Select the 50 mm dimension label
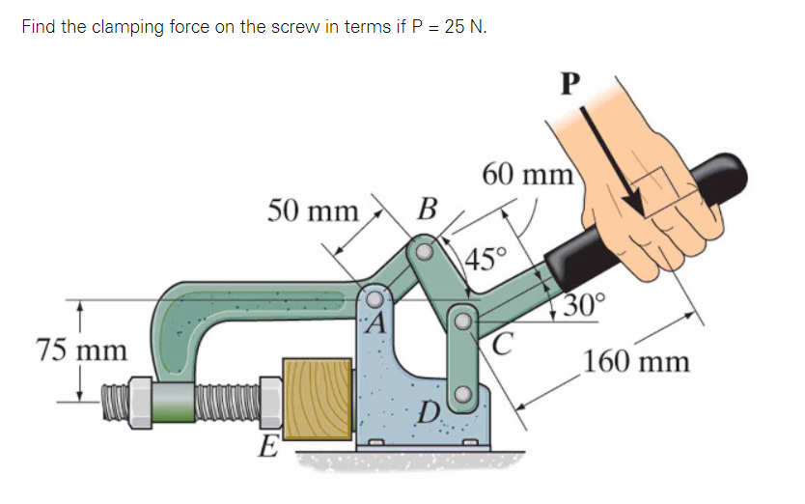point(312,210)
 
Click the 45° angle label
point(485,258)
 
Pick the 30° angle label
point(585,306)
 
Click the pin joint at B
point(422,253)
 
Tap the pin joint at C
point(463,319)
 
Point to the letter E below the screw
point(266,446)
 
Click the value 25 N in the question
point(463,26)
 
